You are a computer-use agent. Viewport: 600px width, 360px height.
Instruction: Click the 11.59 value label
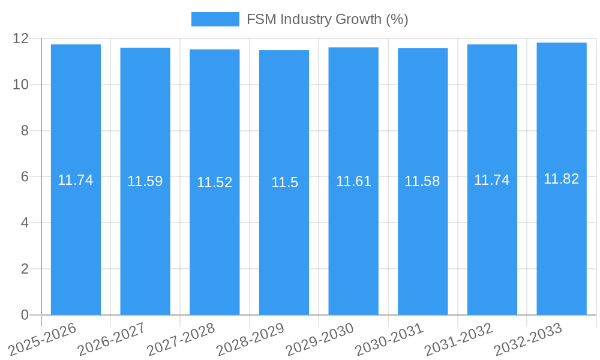[145, 181]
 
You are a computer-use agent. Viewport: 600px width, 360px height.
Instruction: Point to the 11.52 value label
[214, 182]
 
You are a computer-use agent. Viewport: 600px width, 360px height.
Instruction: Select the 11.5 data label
[284, 182]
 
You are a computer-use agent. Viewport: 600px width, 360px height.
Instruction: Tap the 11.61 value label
[353, 181]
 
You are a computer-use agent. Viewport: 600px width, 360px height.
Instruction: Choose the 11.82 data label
[561, 179]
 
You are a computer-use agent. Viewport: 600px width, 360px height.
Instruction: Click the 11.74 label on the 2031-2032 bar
[491, 180]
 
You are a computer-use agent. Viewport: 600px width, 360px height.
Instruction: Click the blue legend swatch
[215, 19]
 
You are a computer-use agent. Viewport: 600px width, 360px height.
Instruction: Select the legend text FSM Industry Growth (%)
[327, 19]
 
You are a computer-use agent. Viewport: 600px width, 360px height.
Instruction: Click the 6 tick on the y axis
[25, 176]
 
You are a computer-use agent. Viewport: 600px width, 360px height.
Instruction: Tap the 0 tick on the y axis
[25, 315]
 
